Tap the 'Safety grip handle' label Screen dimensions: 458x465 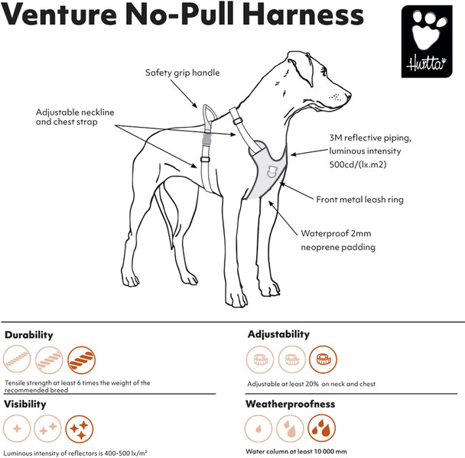[182, 73]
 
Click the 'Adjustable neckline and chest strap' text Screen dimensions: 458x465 [75, 117]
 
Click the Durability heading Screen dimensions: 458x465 [29, 335]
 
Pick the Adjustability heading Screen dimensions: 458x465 [278, 334]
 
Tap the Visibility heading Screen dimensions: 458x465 [25, 403]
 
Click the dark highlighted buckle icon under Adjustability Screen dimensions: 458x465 [322, 359]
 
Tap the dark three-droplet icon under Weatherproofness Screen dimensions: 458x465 [322, 428]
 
